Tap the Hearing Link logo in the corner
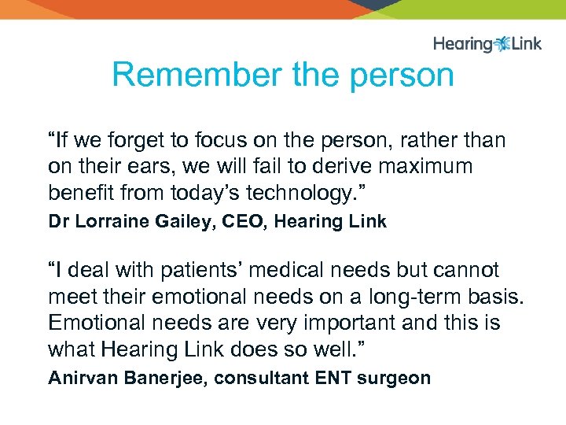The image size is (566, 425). (487, 43)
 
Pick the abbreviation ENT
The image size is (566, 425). (334, 378)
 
